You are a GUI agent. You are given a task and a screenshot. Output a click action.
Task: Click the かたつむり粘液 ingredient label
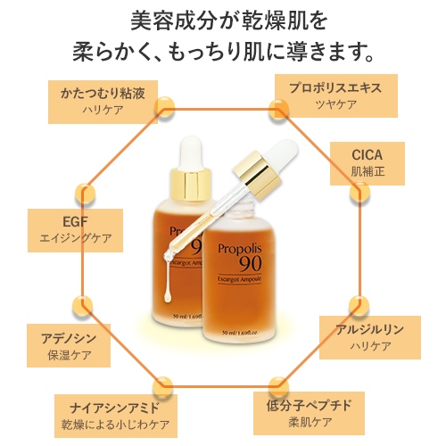coord(103,93)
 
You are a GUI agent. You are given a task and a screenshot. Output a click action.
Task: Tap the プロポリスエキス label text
coord(335,87)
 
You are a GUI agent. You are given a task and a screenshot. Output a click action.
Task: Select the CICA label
coord(367,155)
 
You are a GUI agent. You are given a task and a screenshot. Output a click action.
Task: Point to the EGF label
coord(75,221)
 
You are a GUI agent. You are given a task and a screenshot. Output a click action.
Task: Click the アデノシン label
coord(69,338)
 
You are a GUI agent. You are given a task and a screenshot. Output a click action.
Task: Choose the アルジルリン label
coord(370,329)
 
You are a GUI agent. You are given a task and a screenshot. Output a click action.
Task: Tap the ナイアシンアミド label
coord(115,408)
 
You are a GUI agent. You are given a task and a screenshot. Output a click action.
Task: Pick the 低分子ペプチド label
coord(310,405)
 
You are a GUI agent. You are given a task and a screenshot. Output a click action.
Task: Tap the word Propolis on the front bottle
coord(240,249)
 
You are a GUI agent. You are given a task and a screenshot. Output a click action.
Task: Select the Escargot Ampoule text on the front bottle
coord(239,279)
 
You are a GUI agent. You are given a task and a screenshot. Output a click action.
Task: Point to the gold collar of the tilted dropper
coord(257,175)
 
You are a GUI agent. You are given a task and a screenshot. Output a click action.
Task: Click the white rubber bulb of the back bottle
coord(191,152)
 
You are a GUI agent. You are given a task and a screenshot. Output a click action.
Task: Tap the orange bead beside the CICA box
coord(359,193)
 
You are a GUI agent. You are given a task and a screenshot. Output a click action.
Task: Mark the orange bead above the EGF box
coord(86,194)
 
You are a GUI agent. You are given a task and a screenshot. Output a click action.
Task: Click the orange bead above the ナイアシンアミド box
coord(162,386)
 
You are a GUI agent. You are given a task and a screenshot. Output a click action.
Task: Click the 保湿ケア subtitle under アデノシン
coord(69,355)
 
